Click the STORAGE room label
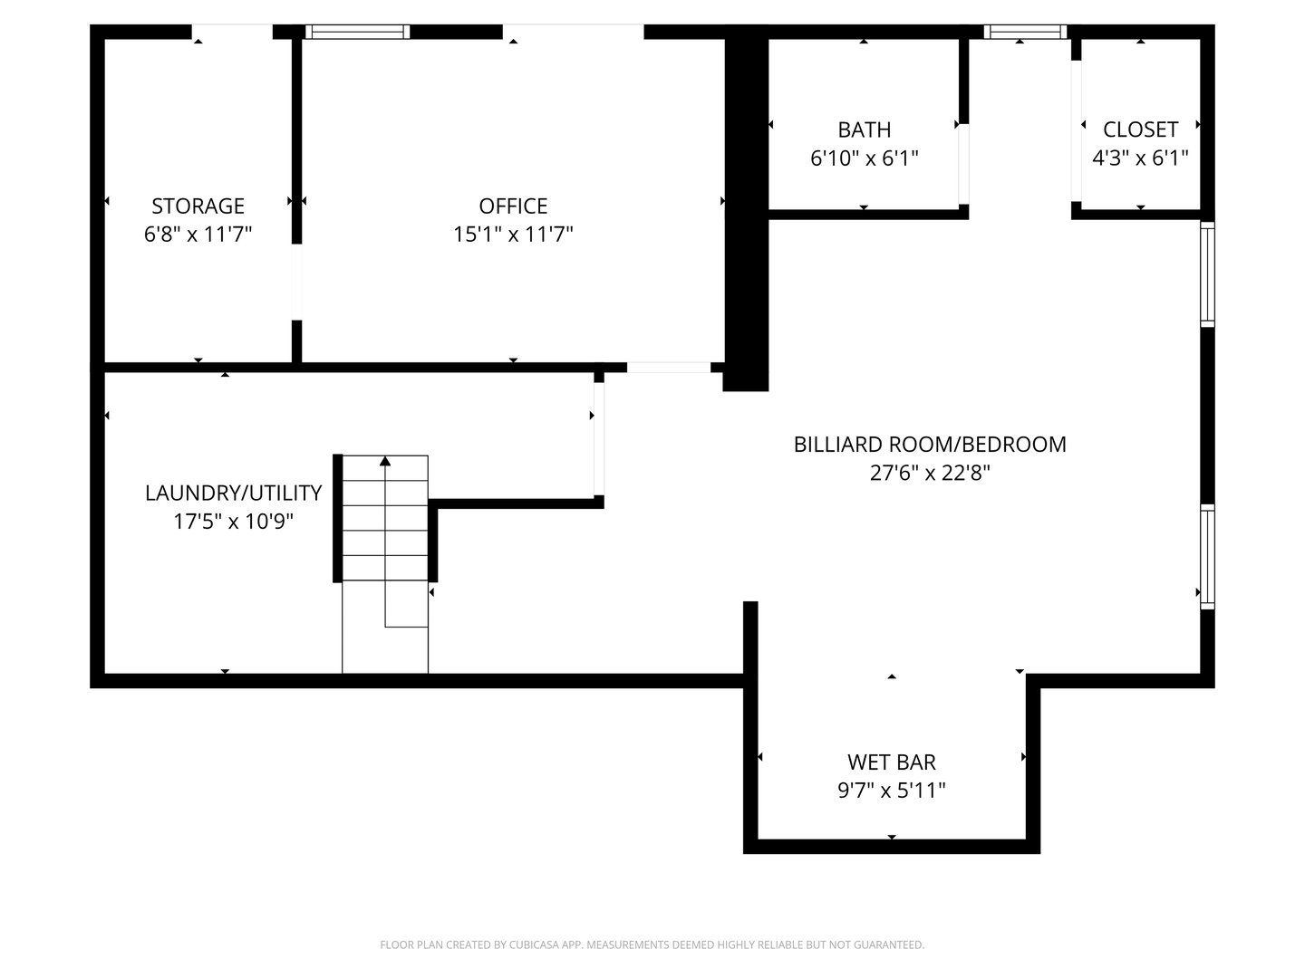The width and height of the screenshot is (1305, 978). coord(198,206)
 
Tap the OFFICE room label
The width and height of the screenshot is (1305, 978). coord(513,206)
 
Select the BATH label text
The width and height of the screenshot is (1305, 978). coord(864,129)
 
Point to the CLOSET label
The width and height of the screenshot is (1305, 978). coord(1140,129)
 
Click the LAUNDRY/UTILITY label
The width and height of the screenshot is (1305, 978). coord(233,493)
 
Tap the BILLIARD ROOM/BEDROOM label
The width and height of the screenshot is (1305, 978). coord(930,445)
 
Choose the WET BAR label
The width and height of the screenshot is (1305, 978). coord(891,762)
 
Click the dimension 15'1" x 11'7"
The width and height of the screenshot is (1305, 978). coord(513,235)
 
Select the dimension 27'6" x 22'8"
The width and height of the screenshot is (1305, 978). coord(930,473)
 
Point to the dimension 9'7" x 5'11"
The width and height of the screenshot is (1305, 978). coord(891,791)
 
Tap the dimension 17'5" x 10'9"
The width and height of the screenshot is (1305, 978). coord(233,522)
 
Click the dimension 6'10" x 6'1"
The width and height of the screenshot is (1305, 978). coord(864,158)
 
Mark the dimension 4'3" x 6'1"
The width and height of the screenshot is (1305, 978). coord(1140,158)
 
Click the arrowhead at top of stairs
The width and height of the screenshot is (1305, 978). coord(385,462)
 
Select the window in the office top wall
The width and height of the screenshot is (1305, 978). coord(357,32)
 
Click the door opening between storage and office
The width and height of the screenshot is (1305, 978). coord(296,282)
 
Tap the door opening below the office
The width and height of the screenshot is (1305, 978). coord(669,367)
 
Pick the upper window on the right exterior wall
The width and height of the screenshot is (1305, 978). coord(1207,273)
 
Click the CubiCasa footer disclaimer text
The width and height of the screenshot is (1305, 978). coord(652,944)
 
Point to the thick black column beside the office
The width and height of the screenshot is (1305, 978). coord(746,213)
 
